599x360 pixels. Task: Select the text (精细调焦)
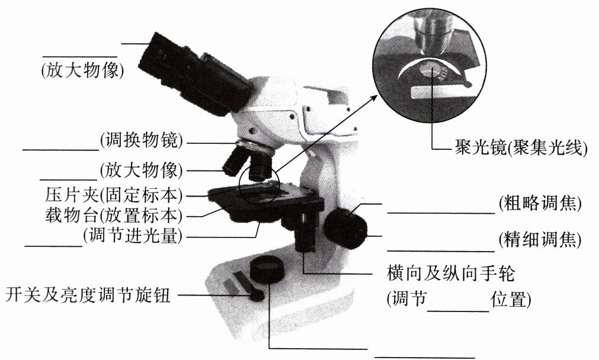[x=539, y=240]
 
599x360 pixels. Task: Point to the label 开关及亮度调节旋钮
[x=88, y=294]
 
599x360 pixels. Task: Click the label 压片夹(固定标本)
[x=114, y=195]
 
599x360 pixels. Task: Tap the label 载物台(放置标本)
[x=114, y=214]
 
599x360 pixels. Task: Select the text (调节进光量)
[x=133, y=236]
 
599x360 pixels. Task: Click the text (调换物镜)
[x=141, y=140]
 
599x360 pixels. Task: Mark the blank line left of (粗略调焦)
[x=440, y=211]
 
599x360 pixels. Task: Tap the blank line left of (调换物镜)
[x=60, y=149]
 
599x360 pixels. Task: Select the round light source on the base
[x=268, y=269]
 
